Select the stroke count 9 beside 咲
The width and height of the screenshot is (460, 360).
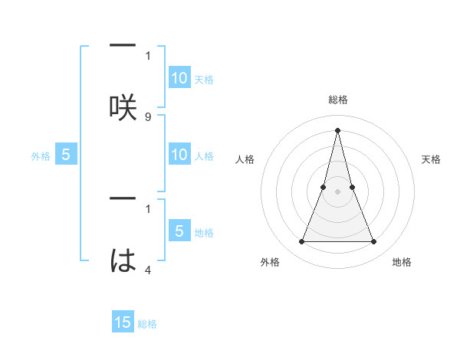tap(148, 116)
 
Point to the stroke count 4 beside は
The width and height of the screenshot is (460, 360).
tap(148, 270)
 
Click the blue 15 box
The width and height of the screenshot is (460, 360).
tap(123, 323)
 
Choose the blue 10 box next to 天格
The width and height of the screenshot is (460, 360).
tap(179, 78)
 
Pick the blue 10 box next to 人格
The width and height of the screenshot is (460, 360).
tap(179, 155)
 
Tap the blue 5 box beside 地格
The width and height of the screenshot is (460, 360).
tap(179, 232)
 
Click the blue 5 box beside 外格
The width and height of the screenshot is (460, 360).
tap(66, 155)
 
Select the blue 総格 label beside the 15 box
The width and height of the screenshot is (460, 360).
tap(147, 324)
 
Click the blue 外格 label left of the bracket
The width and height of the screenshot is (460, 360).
tap(41, 156)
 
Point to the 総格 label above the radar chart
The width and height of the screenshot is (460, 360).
tap(337, 100)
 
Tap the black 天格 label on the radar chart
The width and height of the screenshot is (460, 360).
tap(432, 159)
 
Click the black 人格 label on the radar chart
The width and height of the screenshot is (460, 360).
tap(245, 159)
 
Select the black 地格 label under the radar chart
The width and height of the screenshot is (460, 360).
tap(402, 262)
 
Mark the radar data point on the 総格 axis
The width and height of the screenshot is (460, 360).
tap(337, 129)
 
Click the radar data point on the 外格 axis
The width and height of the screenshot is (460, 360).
tap(301, 242)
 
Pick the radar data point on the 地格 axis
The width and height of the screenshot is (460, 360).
tap(374, 242)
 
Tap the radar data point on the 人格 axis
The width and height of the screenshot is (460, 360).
tap(324, 187)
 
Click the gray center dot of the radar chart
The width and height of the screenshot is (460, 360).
tap(337, 191)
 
